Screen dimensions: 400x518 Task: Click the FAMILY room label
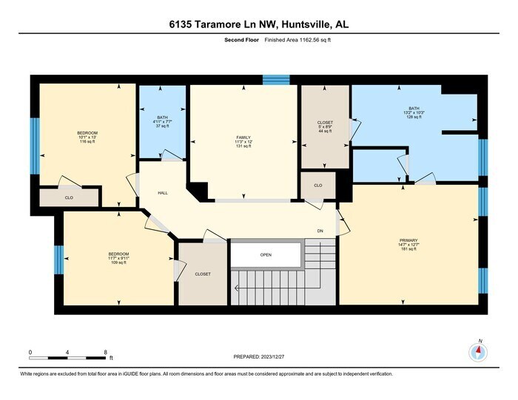[x=243, y=138]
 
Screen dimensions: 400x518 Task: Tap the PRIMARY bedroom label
[x=408, y=240]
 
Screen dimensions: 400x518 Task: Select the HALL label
[x=163, y=193]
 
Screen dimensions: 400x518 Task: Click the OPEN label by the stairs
[x=266, y=255]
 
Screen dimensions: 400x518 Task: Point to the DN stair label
[x=320, y=231]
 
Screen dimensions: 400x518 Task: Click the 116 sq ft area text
[x=87, y=143]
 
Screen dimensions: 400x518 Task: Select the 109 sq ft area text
[x=119, y=263]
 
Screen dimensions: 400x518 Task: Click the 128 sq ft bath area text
[x=413, y=117]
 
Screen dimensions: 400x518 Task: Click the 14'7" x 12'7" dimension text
[x=408, y=245]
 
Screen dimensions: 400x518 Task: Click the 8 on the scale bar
[x=106, y=352]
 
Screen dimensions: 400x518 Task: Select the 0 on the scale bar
[x=30, y=352]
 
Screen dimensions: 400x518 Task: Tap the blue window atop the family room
[x=276, y=79]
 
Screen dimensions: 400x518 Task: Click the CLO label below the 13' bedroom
[x=69, y=197]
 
